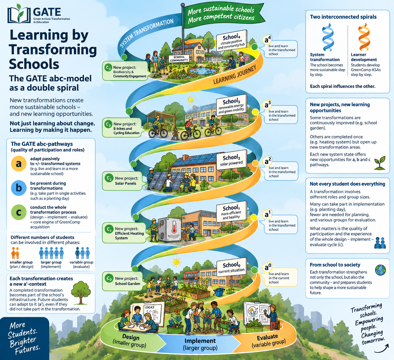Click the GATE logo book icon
(x=19, y=14)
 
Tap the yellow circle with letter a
(x=19, y=163)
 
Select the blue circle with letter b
(x=19, y=188)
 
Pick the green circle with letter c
(x=19, y=212)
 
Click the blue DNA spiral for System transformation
(x=327, y=37)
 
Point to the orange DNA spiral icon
(x=364, y=37)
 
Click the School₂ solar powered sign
(x=231, y=160)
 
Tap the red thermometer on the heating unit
(x=174, y=227)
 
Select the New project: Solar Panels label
(x=122, y=181)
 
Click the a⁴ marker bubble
(x=267, y=40)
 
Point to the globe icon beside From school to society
(x=380, y=270)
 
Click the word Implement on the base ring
(x=200, y=341)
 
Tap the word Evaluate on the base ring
(x=267, y=337)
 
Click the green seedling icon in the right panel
(x=380, y=163)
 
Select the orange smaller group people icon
(x=15, y=253)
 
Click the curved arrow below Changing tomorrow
(x=382, y=349)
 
